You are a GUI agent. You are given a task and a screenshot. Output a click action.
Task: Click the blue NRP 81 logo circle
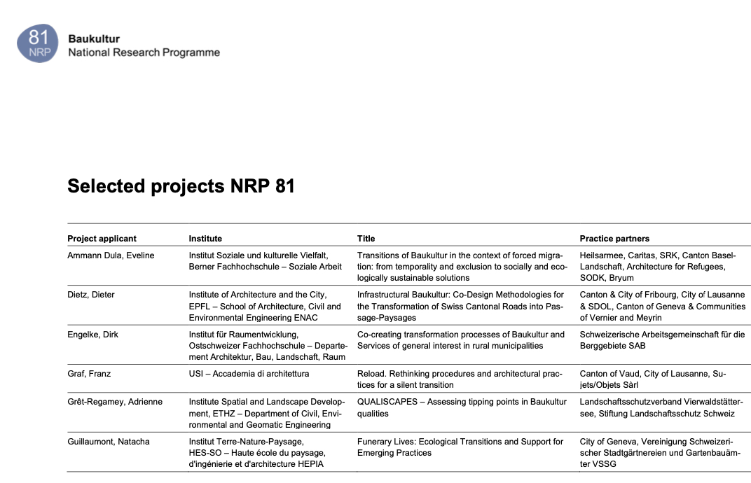click(x=38, y=42)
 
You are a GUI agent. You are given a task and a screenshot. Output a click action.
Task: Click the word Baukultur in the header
click(x=94, y=38)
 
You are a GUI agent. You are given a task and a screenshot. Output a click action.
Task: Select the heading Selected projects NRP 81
click(x=181, y=186)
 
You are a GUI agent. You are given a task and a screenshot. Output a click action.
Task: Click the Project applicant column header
click(x=102, y=239)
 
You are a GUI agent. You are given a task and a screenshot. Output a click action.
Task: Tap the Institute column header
click(x=205, y=239)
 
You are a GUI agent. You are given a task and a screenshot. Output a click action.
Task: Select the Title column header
click(x=366, y=239)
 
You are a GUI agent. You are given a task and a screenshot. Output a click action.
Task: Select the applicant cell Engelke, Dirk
click(x=93, y=335)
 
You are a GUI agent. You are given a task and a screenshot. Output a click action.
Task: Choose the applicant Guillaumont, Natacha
click(x=109, y=442)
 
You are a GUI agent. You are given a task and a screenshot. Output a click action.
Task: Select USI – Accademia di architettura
click(x=249, y=374)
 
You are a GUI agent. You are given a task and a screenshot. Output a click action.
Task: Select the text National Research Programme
click(x=144, y=52)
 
